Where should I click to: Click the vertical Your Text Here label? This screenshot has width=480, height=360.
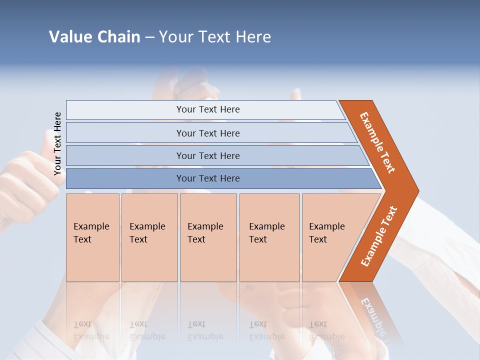coord(57,143)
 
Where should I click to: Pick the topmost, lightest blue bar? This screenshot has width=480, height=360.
coord(207,109)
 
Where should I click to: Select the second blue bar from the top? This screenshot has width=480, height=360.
coord(207,133)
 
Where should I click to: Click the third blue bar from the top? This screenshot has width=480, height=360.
coord(207,155)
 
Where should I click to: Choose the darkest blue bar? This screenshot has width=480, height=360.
coord(207,178)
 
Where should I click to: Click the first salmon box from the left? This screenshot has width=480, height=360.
coord(92,237)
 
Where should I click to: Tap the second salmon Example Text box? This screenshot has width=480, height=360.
coord(149,237)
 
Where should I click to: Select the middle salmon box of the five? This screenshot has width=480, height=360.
coord(208,237)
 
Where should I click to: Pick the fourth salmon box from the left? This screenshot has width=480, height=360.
coord(269,237)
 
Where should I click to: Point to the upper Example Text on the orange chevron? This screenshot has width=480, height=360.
coord(377,142)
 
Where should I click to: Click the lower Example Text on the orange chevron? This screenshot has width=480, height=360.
coord(379,236)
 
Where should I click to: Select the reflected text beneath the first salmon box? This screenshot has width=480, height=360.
coord(91,330)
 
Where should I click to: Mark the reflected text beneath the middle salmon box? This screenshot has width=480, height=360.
coord(205,330)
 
